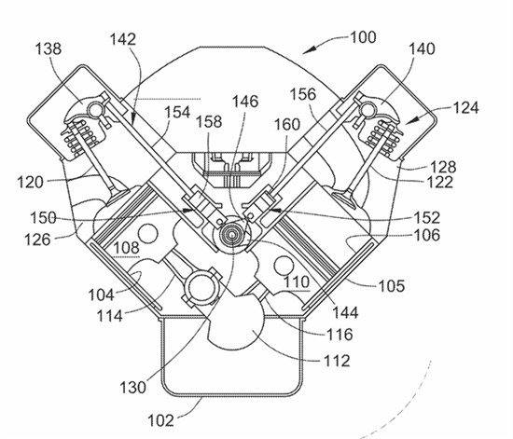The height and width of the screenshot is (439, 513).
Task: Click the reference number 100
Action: point(363,37)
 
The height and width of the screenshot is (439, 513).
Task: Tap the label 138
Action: point(49,49)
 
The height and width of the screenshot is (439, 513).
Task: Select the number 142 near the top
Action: point(123,39)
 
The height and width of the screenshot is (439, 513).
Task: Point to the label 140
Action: point(422,48)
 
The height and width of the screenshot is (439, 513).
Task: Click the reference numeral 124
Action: point(465,107)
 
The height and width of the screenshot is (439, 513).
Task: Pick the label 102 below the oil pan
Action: point(160,420)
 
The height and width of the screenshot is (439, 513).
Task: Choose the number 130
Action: point(132,388)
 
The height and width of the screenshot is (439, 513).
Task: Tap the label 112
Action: point(337,361)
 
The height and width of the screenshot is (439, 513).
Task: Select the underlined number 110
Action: point(297,281)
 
